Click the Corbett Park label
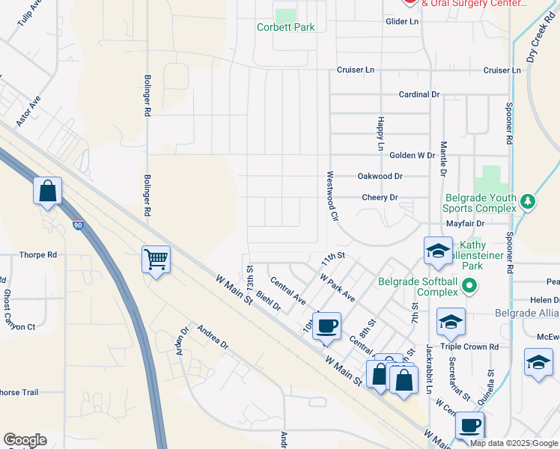coord(285,27)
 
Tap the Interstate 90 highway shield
coord(78,224)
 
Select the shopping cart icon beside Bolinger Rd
coord(156,260)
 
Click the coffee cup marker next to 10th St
coord(326,326)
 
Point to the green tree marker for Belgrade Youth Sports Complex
coord(528,201)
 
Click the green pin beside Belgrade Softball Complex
coord(469,285)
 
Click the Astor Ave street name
coord(28,110)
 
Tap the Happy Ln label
coord(381,134)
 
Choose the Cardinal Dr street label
coord(419,94)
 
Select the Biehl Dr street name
coord(268,301)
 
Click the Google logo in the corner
coord(25,440)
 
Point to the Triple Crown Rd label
coord(470,347)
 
